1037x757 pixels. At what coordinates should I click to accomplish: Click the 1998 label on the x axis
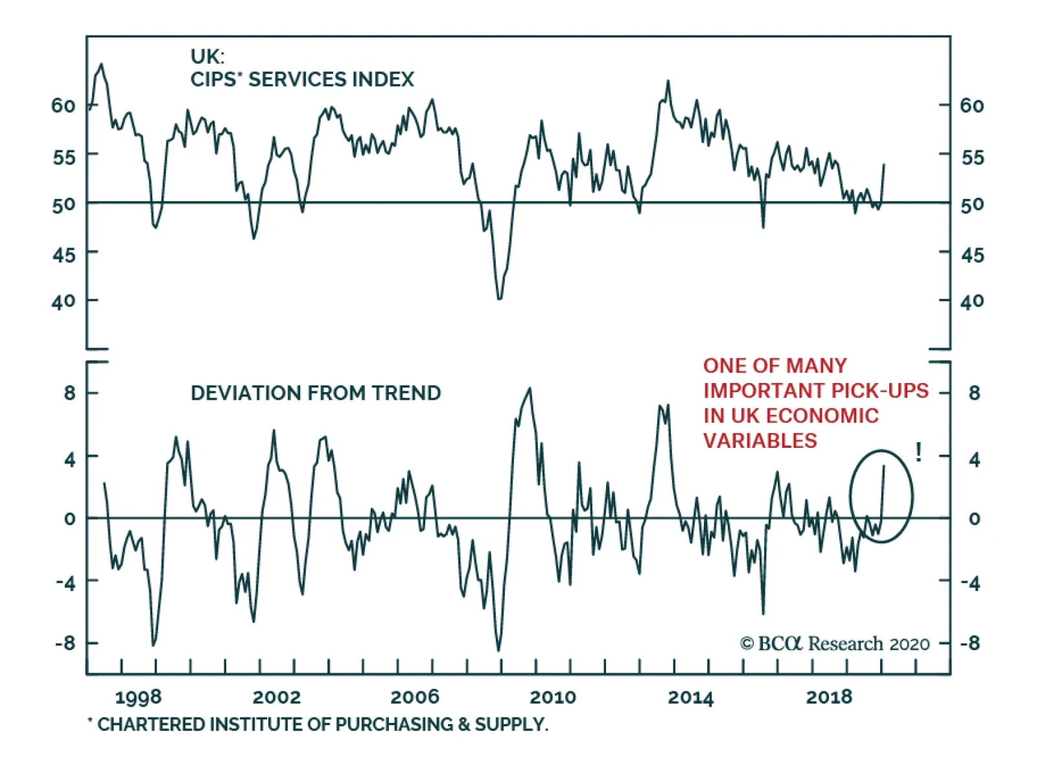(x=138, y=697)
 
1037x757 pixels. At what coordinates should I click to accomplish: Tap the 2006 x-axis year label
(x=414, y=697)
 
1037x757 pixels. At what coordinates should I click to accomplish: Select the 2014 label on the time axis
(x=690, y=697)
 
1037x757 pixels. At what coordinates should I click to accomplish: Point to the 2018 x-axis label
(x=829, y=697)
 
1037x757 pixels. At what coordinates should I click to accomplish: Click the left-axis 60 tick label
(x=64, y=106)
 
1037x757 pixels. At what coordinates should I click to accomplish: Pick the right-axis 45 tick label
(x=972, y=255)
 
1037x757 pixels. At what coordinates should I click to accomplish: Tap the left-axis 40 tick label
(x=64, y=301)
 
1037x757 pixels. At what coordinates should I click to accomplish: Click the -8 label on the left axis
(x=65, y=644)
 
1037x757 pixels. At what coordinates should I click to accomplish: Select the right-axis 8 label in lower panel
(x=974, y=393)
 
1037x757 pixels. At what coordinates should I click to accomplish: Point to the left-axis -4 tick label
(x=65, y=582)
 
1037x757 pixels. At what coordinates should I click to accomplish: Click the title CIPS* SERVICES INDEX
(x=302, y=80)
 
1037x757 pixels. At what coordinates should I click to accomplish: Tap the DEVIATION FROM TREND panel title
(x=316, y=393)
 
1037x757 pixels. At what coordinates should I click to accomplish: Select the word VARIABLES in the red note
(x=760, y=441)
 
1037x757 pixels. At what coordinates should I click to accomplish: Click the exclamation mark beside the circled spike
(x=918, y=452)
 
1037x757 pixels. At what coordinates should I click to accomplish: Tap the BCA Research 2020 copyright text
(x=835, y=644)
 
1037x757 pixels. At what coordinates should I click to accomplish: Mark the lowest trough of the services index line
(x=499, y=299)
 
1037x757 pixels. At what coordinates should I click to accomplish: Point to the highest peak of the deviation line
(x=530, y=389)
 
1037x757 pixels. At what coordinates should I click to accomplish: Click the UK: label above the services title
(x=207, y=56)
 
